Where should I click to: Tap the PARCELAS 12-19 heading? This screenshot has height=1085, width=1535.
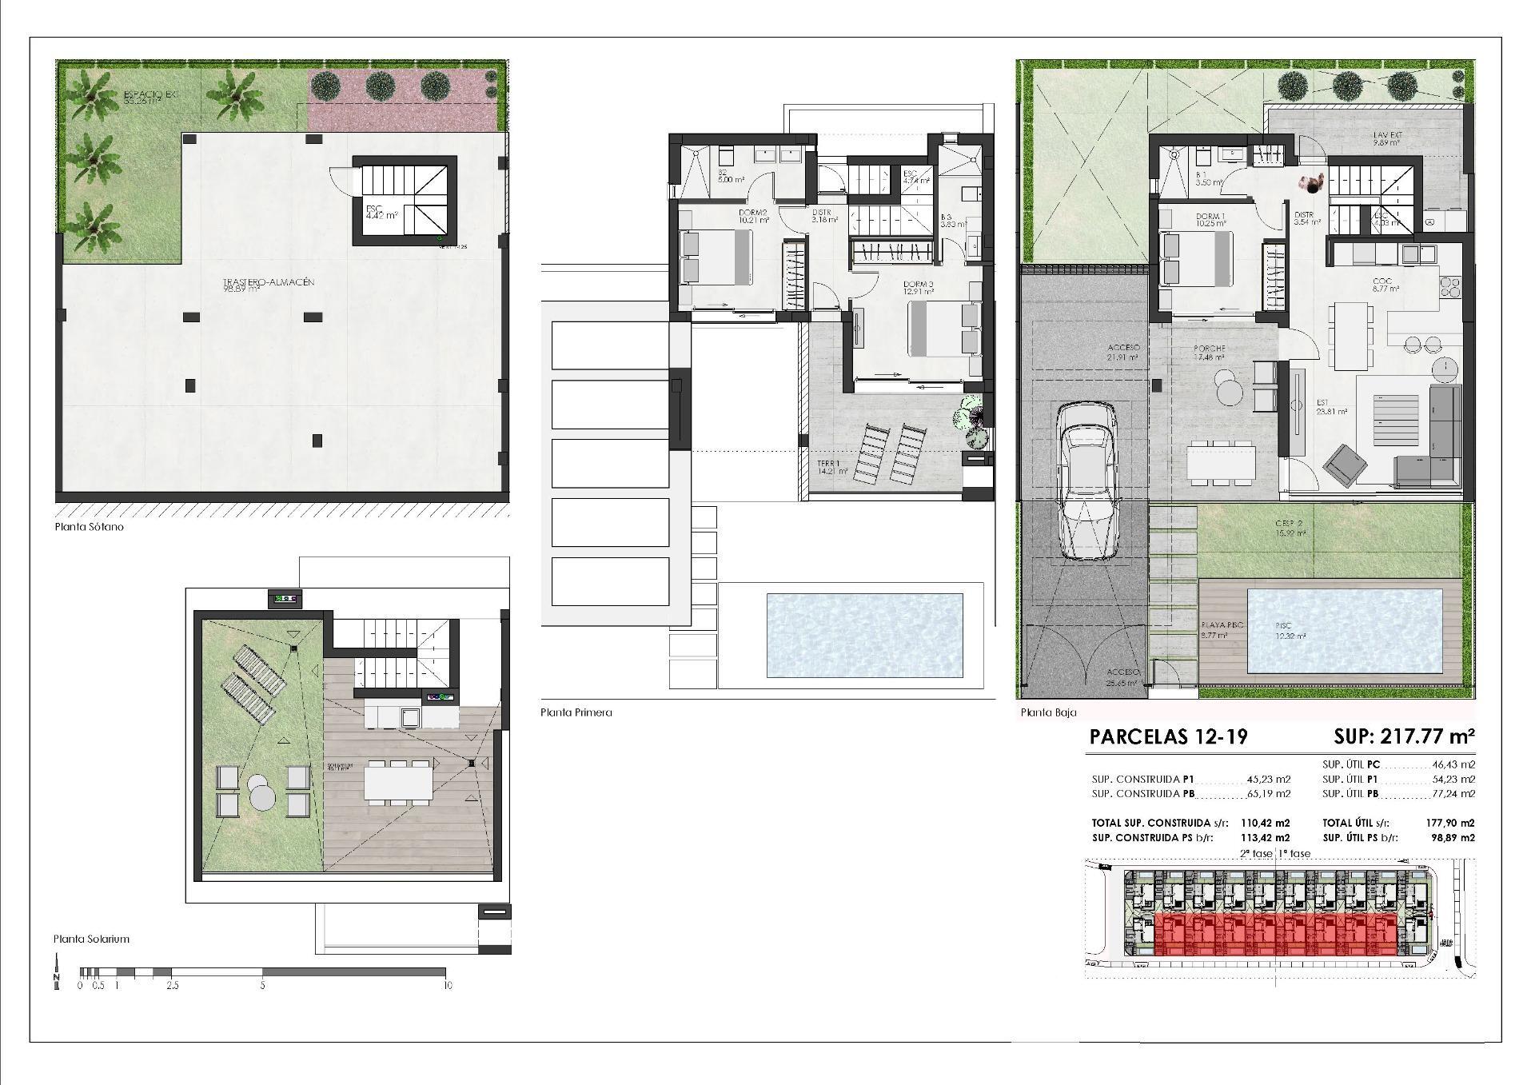[x=1168, y=736]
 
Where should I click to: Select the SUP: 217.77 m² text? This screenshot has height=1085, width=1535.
[x=1403, y=736]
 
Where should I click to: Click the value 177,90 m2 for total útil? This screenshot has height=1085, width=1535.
[x=1450, y=823]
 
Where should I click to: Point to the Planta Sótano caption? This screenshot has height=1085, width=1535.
[x=89, y=528]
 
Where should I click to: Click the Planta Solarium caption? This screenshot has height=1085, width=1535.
[x=91, y=939]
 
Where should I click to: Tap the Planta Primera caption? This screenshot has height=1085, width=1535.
[x=576, y=712]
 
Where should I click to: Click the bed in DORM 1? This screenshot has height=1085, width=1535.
[x=1197, y=257]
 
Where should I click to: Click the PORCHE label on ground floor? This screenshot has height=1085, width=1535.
[x=1209, y=349]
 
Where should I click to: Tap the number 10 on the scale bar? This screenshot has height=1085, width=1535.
[x=447, y=985]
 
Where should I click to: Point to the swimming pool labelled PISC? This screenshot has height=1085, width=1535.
[x=1345, y=631]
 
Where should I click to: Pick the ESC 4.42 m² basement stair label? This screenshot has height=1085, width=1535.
[x=381, y=212]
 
